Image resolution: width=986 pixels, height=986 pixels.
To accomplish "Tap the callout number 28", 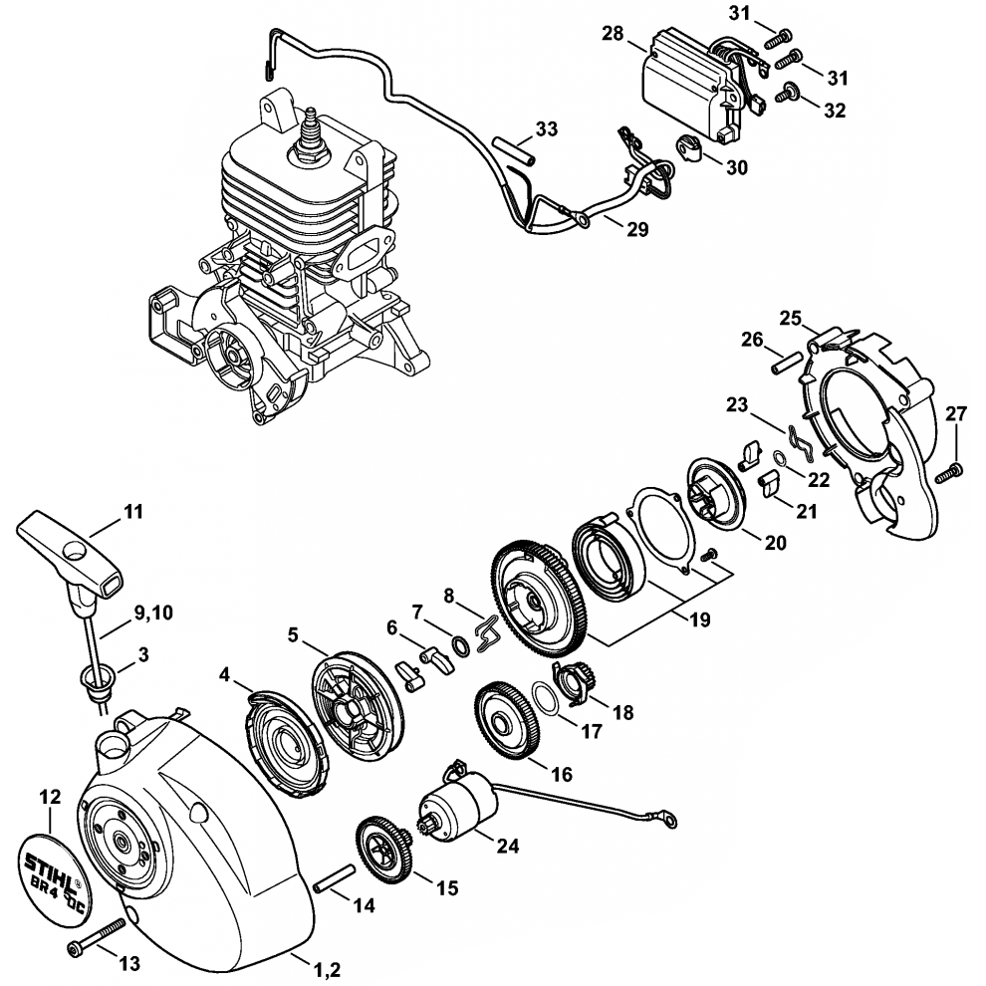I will tap(614, 35).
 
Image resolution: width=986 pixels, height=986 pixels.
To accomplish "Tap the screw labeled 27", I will tap(955, 467).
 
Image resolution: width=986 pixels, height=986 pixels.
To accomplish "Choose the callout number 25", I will tap(791, 319).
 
